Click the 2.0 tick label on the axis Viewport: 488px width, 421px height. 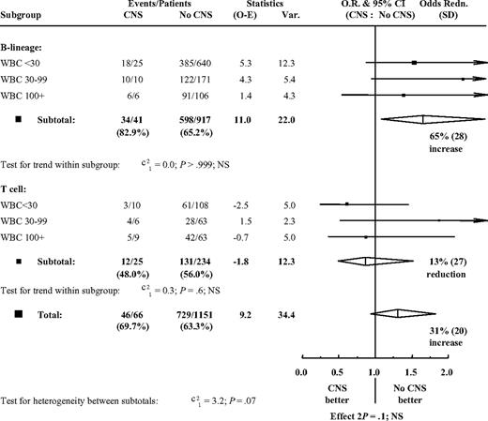[446, 372]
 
